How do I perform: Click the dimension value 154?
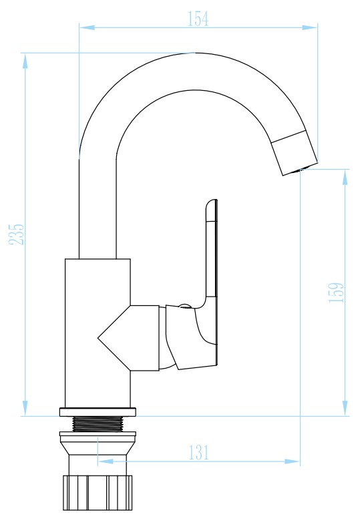tap(198, 19)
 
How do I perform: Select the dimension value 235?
tap(16, 234)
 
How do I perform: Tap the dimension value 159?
tap(336, 293)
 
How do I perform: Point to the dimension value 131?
tap(199, 452)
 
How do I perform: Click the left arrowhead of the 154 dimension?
tap(87, 27)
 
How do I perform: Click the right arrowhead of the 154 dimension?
tap(309, 27)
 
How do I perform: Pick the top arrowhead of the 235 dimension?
tap(25, 61)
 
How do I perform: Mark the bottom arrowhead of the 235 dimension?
tap(25, 408)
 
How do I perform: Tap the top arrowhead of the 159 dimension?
tap(345, 177)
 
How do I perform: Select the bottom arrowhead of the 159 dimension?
tap(345, 408)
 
